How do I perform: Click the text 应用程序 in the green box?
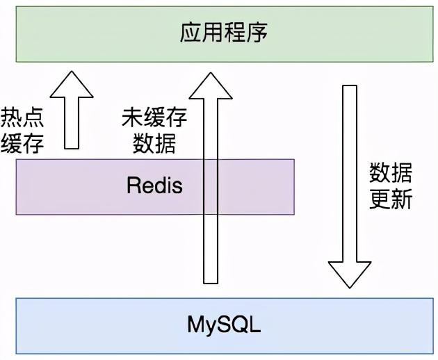click(223, 33)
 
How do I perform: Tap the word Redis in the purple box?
click(154, 186)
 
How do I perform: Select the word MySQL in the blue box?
click(223, 325)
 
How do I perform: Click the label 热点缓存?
click(23, 130)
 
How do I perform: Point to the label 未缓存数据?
click(154, 130)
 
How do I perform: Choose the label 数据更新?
click(391, 186)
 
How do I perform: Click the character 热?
click(13, 116)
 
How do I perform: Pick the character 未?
click(132, 116)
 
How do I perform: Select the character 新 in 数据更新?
click(402, 199)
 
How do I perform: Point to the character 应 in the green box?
click(190, 33)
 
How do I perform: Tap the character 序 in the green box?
click(257, 33)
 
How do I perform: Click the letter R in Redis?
click(133, 186)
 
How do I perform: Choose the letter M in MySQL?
click(195, 325)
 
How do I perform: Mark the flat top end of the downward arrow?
click(350, 86)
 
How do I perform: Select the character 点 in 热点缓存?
click(33, 116)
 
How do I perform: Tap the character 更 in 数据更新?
click(380, 199)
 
